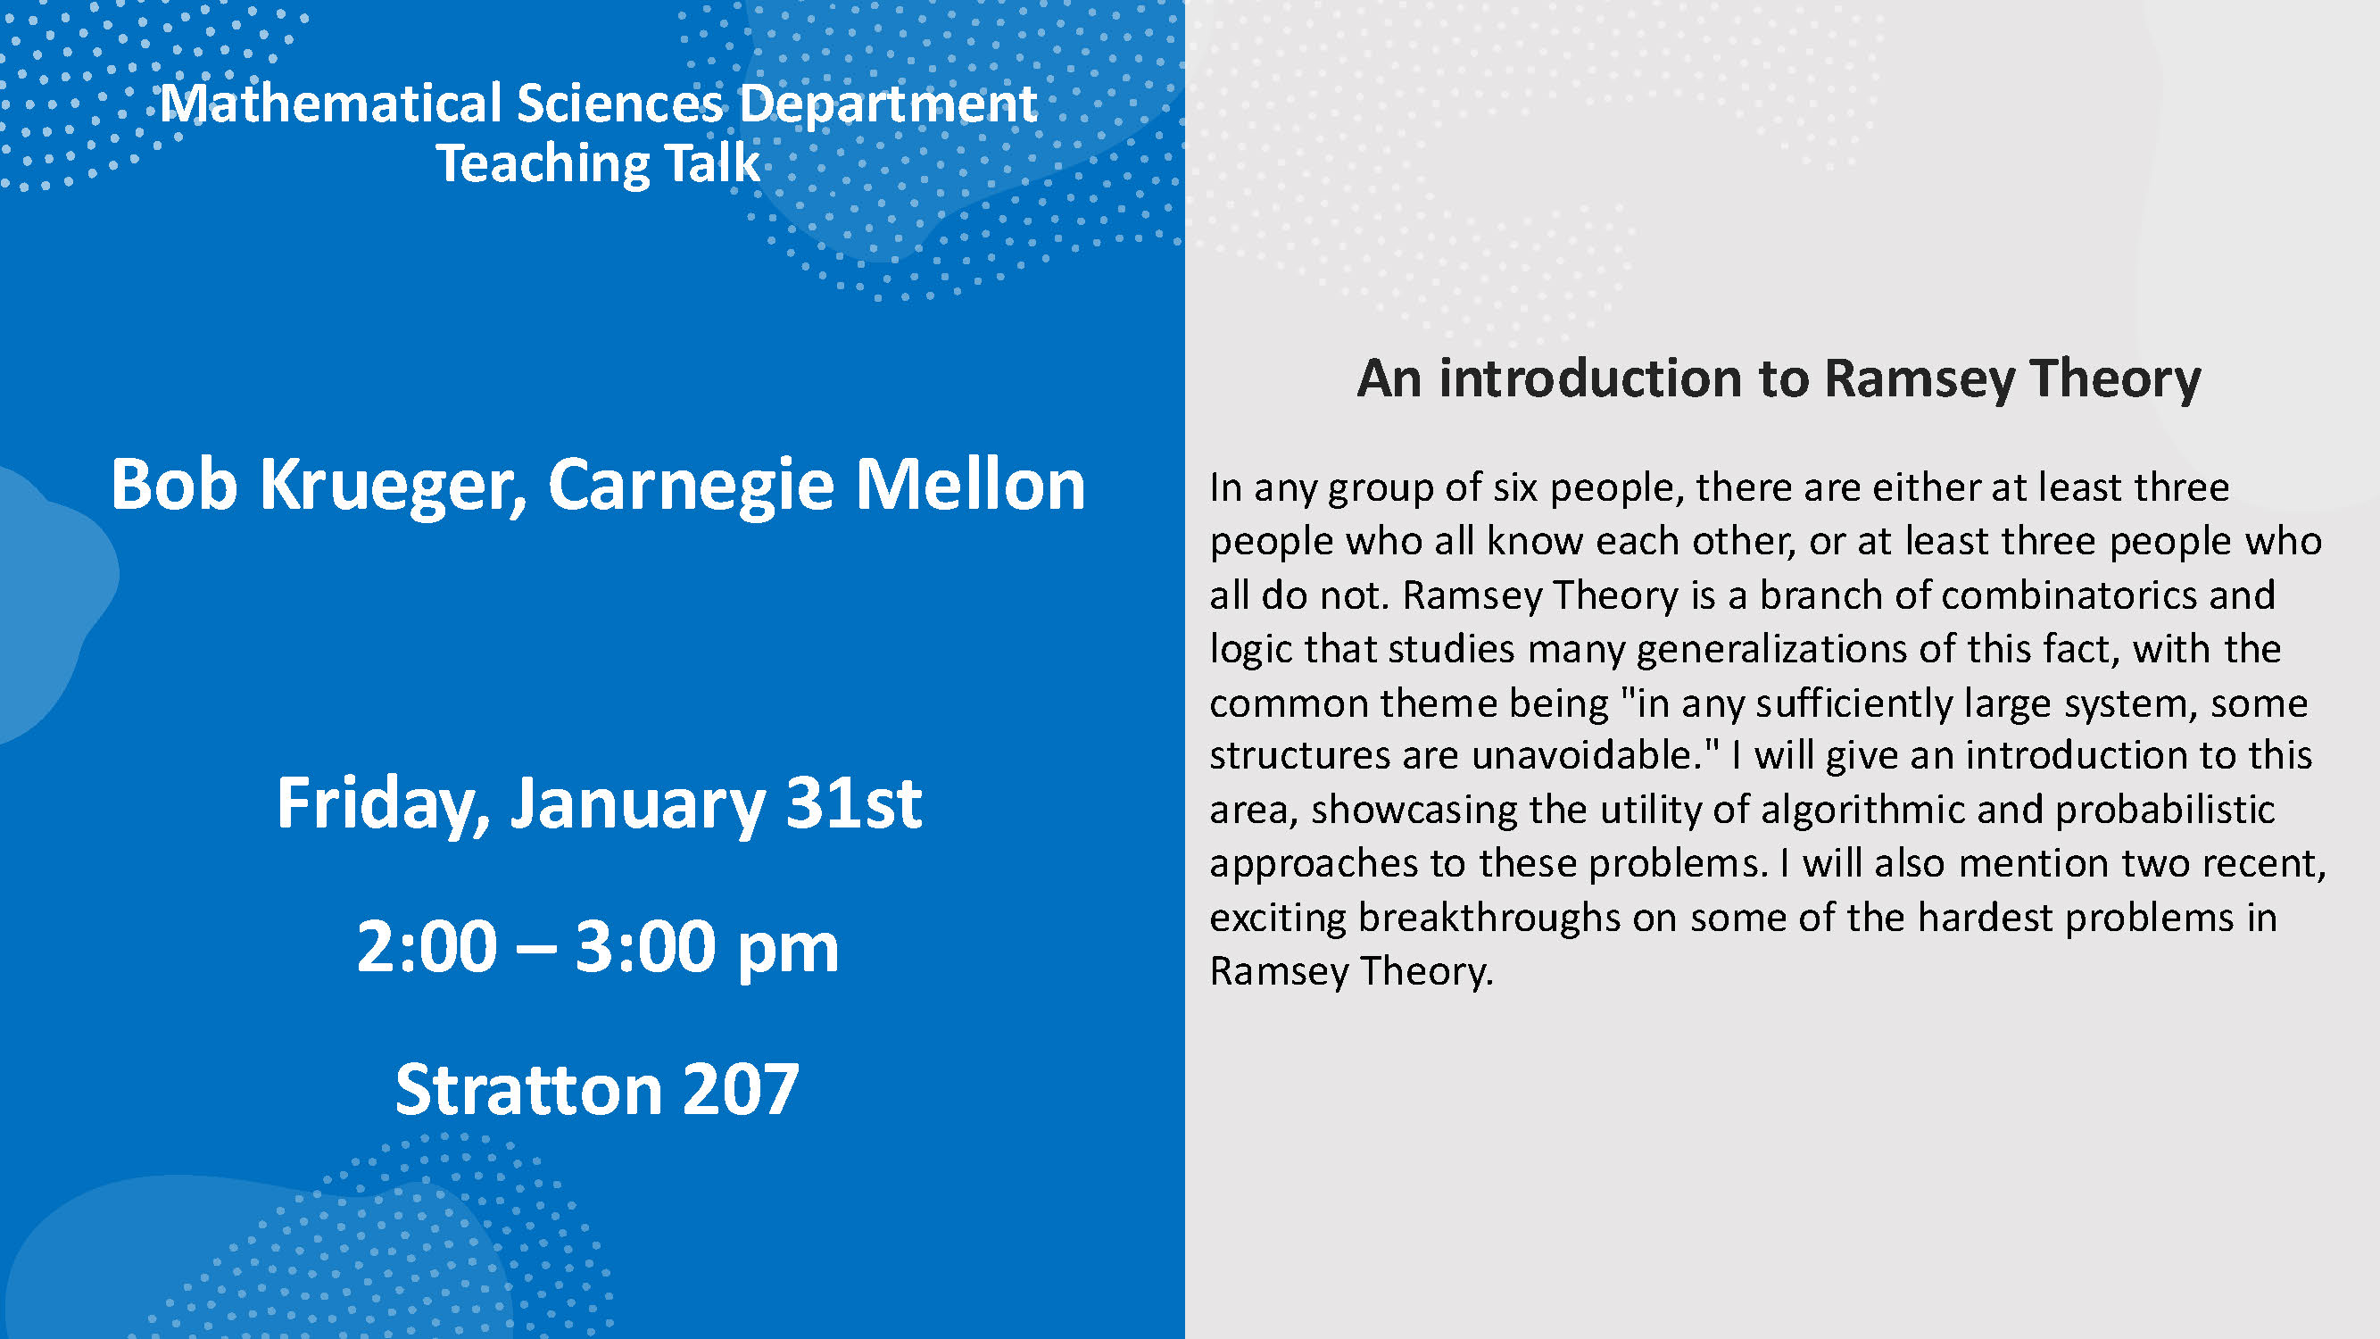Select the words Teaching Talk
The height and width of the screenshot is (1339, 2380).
[x=598, y=164]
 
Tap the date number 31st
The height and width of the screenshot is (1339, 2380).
[x=853, y=802]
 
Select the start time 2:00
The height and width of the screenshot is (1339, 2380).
[x=427, y=946]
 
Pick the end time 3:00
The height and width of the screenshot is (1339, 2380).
[x=646, y=946]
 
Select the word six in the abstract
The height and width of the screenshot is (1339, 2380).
[x=1515, y=487]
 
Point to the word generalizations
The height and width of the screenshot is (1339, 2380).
[x=1771, y=650]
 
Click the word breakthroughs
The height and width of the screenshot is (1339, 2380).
[x=1489, y=918]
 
